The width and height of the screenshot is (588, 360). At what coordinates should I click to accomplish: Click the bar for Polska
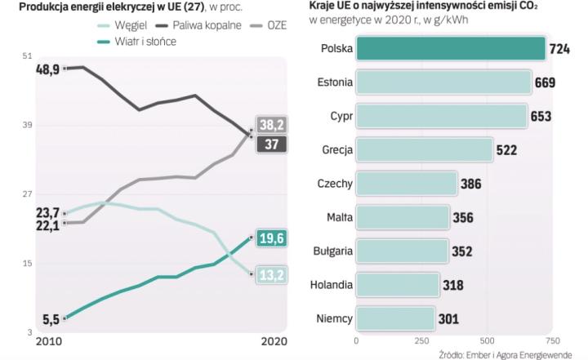pyautogui.click(x=450, y=48)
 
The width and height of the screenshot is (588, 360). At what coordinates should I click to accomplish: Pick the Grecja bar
pyautogui.click(x=424, y=149)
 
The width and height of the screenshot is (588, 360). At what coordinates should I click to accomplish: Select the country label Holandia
pyautogui.click(x=332, y=285)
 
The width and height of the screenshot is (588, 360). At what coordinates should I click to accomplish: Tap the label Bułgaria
pyautogui.click(x=331, y=251)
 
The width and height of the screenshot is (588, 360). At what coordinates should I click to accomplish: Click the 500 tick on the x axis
pyautogui.click(x=487, y=340)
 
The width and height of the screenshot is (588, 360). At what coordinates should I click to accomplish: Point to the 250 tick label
pyautogui.click(x=421, y=340)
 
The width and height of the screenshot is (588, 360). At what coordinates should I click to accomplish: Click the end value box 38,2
pyautogui.click(x=271, y=125)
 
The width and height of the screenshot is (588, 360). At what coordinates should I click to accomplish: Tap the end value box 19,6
pyautogui.click(x=270, y=238)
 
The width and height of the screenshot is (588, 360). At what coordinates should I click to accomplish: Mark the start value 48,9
pyautogui.click(x=47, y=70)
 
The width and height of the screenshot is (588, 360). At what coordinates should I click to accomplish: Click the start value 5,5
pyautogui.click(x=50, y=318)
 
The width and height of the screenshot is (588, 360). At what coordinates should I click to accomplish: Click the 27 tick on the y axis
pyautogui.click(x=29, y=194)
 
